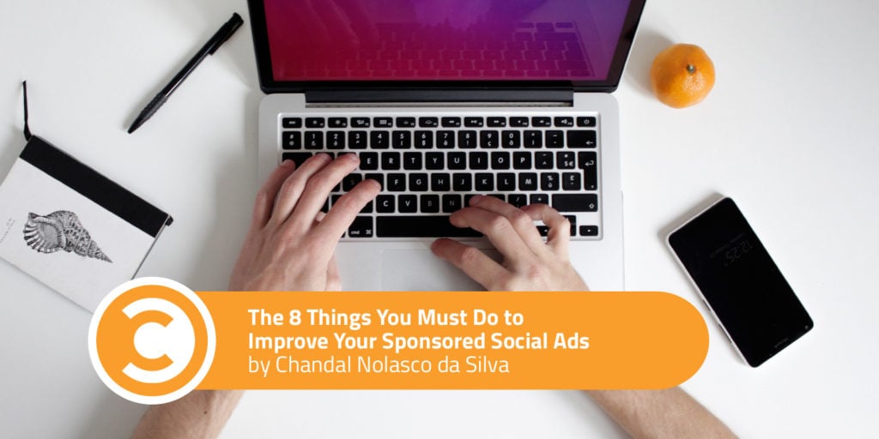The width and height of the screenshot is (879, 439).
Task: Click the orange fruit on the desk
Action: pyautogui.click(x=682, y=75)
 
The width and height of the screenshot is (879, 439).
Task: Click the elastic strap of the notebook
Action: pyautogui.click(x=25, y=111)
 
